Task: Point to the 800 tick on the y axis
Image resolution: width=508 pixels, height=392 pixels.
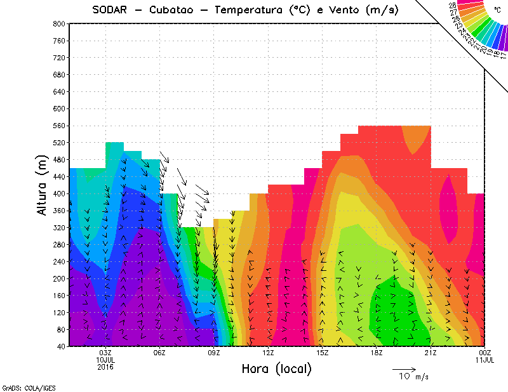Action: click(x=60, y=23)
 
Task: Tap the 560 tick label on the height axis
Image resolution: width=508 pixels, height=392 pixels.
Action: click(x=60, y=126)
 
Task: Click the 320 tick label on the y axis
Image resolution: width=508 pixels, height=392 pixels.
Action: click(x=60, y=227)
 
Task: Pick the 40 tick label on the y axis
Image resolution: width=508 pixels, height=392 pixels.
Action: click(x=62, y=346)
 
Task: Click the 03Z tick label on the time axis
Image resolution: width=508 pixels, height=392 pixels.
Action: click(x=105, y=353)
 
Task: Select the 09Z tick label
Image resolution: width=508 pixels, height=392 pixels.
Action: click(x=214, y=353)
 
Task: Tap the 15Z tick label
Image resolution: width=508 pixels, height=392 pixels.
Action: click(x=322, y=353)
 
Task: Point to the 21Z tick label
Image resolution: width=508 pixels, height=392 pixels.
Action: click(x=431, y=353)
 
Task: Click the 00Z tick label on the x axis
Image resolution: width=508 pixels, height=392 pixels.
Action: click(x=485, y=353)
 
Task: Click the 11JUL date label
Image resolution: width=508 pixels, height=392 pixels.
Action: click(x=485, y=360)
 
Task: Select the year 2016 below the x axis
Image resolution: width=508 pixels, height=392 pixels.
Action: click(x=105, y=367)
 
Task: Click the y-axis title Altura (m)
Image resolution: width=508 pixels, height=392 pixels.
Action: click(x=43, y=185)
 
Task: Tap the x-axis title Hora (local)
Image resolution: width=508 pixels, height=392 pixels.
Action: click(x=276, y=369)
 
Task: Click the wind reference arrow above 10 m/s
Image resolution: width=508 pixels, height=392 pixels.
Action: click(x=404, y=369)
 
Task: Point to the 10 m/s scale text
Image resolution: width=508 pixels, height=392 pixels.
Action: click(x=413, y=377)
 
